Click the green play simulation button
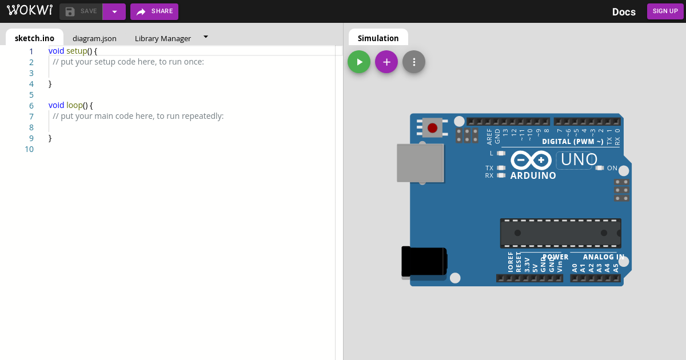point(359,62)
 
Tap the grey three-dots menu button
point(414,62)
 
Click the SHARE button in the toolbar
point(154,11)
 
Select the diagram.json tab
point(94,38)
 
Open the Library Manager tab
point(163,38)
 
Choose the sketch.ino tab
point(34,38)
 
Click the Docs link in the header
point(624,11)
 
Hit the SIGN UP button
point(665,11)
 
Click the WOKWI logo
point(30,10)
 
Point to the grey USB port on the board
point(420,163)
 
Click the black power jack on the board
point(424,262)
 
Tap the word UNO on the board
point(579,160)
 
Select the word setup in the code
point(77,51)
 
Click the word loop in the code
point(74,105)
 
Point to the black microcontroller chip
point(560,233)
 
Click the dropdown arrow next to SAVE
point(114,11)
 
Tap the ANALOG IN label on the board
point(603,257)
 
